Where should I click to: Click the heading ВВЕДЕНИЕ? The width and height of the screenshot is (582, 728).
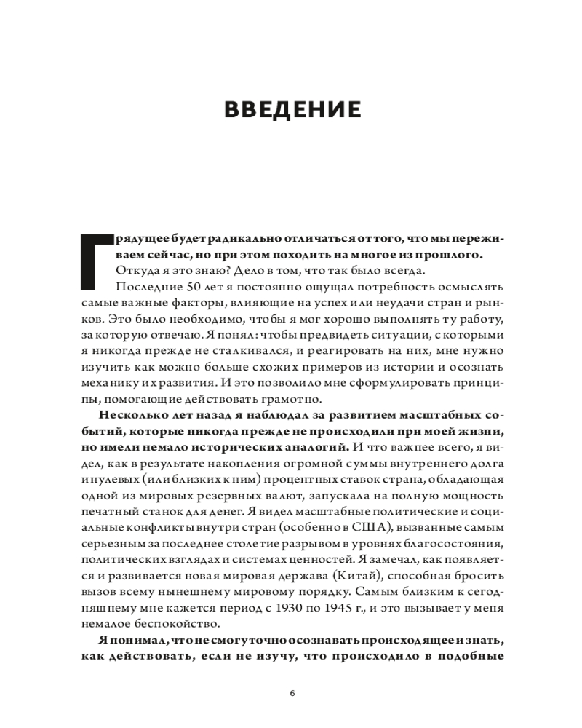tap(292, 110)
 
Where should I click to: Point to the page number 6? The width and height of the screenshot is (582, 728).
tap(292, 692)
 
